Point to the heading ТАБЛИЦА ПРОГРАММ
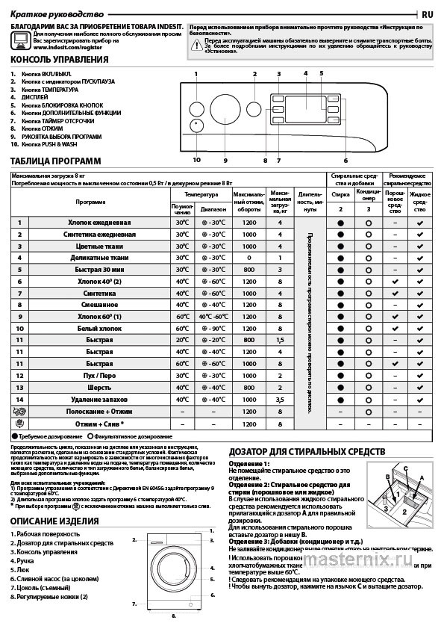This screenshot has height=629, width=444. [56, 161]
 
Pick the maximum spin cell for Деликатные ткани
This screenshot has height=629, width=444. [249, 258]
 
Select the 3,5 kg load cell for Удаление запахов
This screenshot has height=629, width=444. [280, 400]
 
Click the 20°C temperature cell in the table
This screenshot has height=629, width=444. [181, 340]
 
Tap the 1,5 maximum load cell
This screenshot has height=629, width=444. [280, 340]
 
